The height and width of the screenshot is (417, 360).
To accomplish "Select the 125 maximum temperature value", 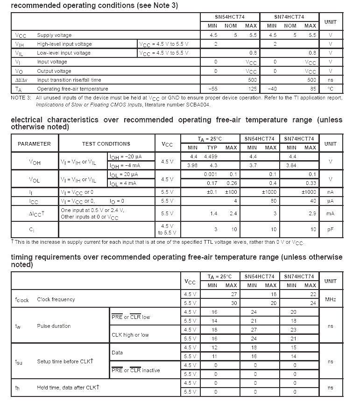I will click(x=252, y=89).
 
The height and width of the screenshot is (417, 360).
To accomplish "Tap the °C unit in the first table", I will click(x=330, y=89).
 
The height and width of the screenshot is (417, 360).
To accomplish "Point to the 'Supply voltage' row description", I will click(x=55, y=35).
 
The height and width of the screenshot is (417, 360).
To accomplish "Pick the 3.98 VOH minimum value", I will click(x=192, y=165).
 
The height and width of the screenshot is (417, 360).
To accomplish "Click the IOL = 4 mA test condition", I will click(x=124, y=183).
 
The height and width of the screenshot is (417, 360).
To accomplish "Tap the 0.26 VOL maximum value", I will click(x=232, y=183).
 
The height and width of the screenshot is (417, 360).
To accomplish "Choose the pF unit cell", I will click(x=330, y=229).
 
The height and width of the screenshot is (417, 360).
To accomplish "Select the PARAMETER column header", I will click(x=34, y=144).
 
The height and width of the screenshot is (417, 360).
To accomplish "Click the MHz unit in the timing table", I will click(x=330, y=299).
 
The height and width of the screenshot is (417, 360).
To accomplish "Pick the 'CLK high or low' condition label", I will click(x=130, y=334).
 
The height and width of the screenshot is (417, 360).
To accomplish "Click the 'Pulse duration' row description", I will click(x=54, y=326).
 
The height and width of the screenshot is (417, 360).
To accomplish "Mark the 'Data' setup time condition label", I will click(x=117, y=352).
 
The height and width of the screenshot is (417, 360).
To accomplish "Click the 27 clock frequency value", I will click(x=234, y=294).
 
